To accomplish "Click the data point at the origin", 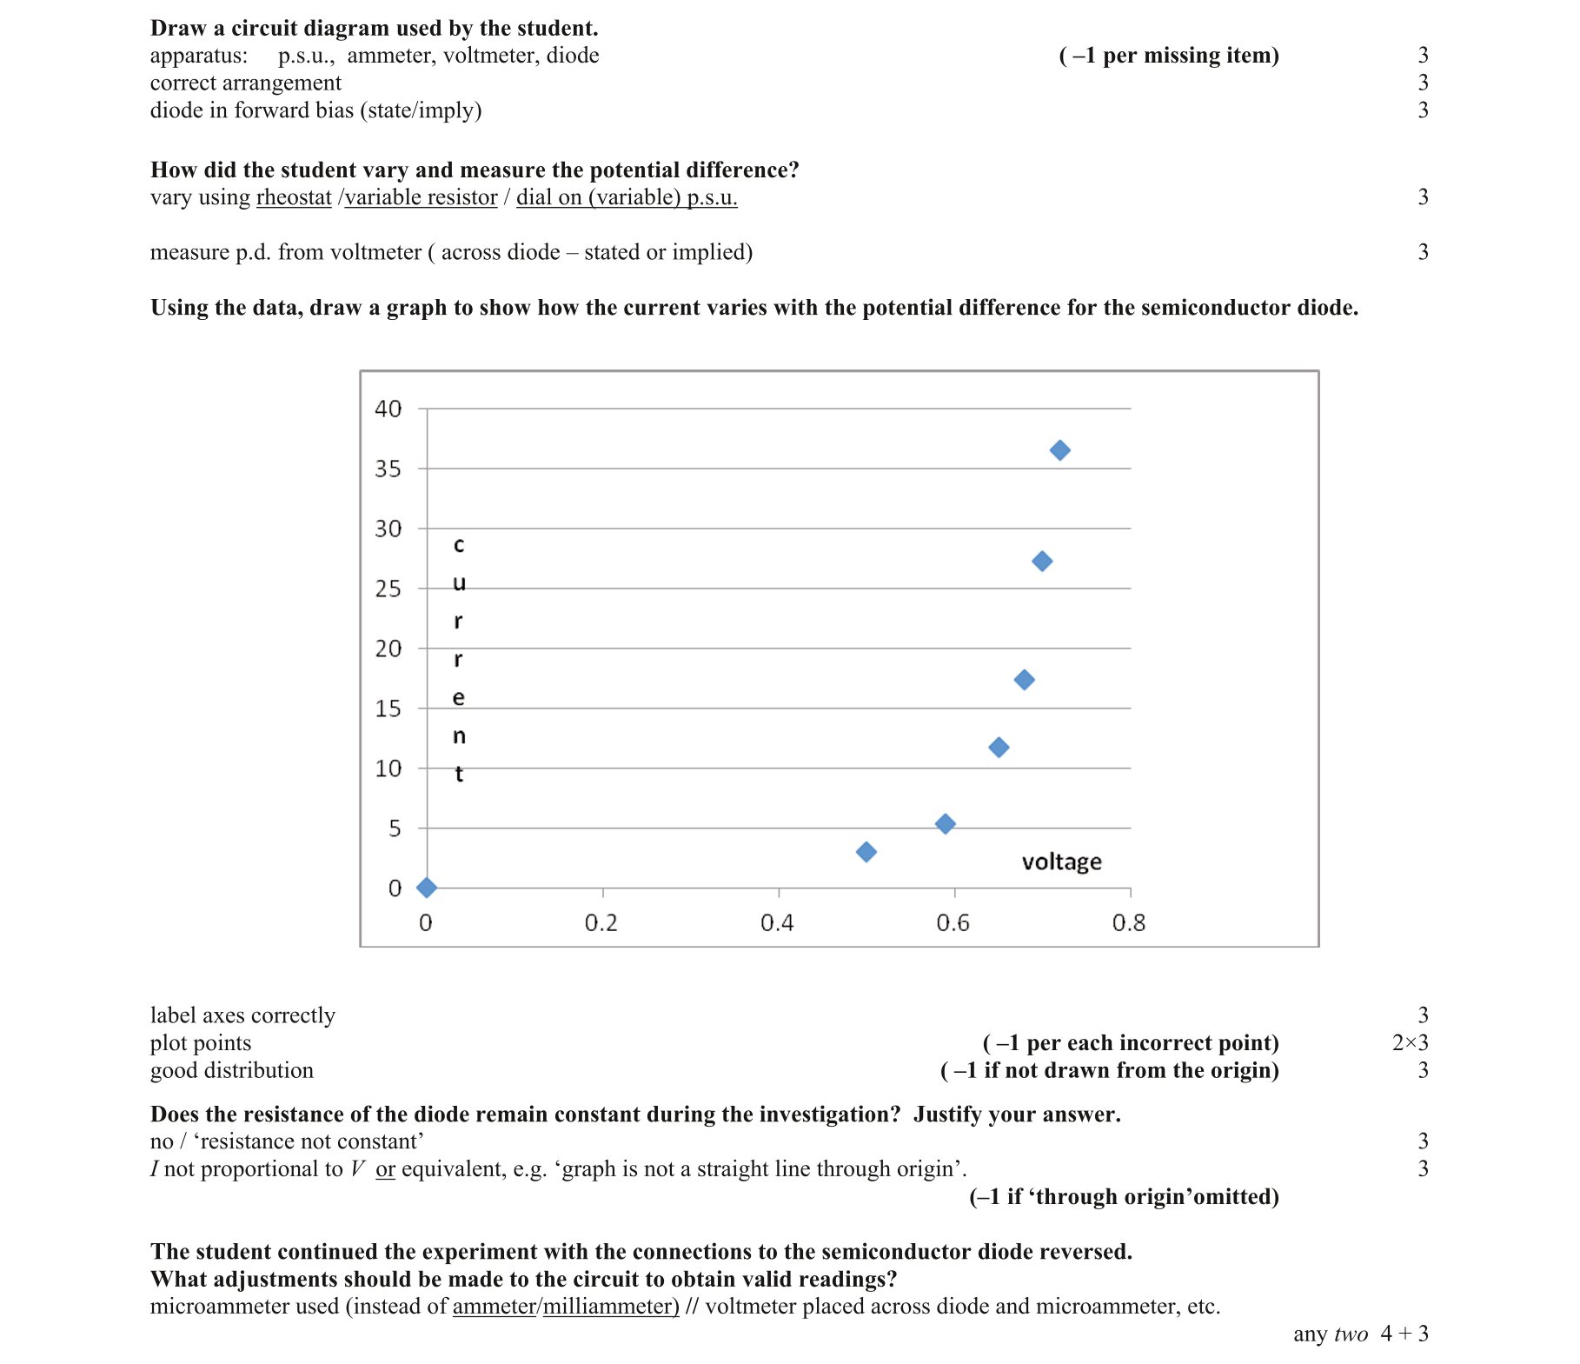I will pos(426,888).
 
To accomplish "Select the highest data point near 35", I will pos(1059,450).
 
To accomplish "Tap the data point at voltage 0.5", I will pos(866,852).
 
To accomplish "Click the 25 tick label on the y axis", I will pos(388,589).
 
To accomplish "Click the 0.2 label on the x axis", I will pos(601,923).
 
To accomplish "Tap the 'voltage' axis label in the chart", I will pos(1061,862).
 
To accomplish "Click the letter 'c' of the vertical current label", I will pos(459,546).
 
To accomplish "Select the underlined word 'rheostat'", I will pos(294,197).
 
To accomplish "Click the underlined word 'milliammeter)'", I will pos(611,1307).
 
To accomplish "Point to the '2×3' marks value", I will pos(1410,1043).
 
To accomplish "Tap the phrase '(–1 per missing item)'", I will pos(1169,56).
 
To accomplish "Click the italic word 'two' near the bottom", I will pos(1351,1334).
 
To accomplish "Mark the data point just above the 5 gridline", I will pos(945,824).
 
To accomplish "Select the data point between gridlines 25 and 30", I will pos(1042,562).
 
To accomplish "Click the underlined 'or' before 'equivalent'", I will pos(385,1169).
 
